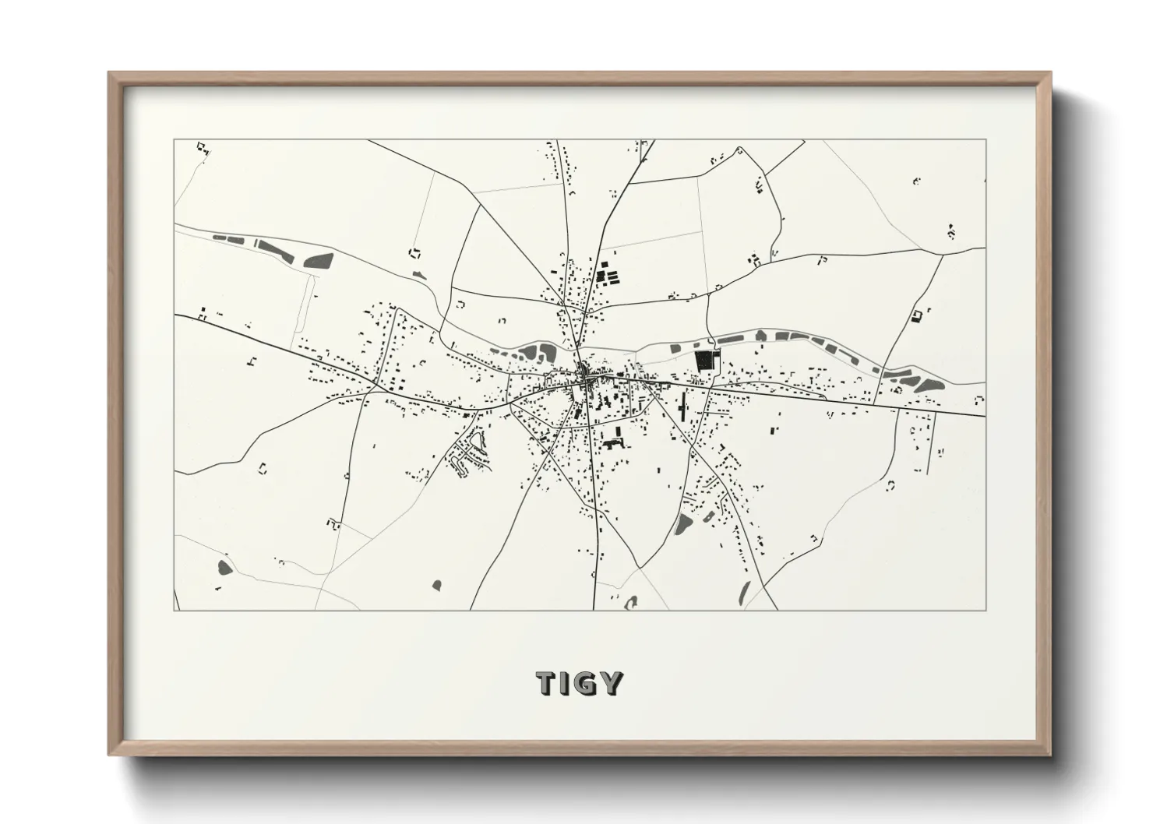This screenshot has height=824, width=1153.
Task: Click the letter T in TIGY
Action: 545,684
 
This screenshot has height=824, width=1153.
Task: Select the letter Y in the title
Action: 612,684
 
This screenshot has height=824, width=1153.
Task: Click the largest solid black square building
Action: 703,360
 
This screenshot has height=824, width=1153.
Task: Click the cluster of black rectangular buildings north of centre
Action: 606,275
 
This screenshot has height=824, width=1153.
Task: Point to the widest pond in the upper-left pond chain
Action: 319,259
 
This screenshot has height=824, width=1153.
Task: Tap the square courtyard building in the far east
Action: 917,315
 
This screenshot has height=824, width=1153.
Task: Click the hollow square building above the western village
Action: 414,252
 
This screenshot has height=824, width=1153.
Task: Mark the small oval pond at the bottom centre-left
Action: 435,584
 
